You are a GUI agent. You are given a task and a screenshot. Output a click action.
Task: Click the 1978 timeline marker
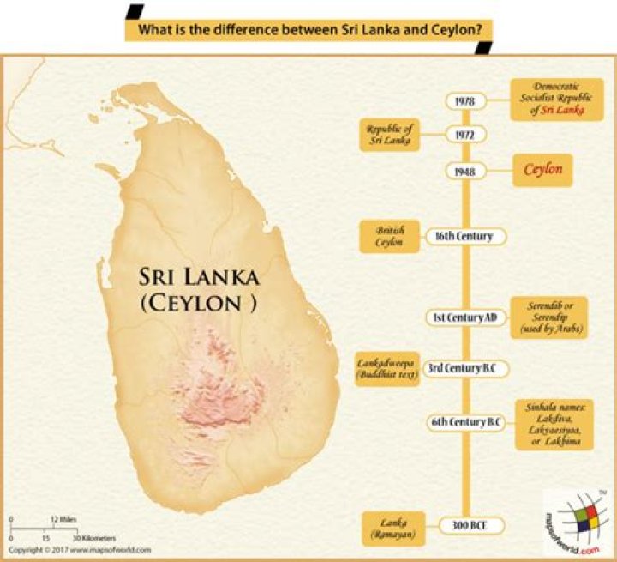(466, 100)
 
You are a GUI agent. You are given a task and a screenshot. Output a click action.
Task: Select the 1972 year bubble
(466, 135)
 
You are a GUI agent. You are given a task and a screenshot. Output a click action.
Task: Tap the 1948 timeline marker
(466, 171)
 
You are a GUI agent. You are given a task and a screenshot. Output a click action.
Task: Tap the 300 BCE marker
(466, 524)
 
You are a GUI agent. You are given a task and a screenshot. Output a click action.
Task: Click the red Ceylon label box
(543, 170)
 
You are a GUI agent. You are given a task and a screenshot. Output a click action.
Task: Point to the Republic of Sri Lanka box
(388, 135)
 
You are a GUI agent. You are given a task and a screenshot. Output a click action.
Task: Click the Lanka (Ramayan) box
(389, 524)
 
